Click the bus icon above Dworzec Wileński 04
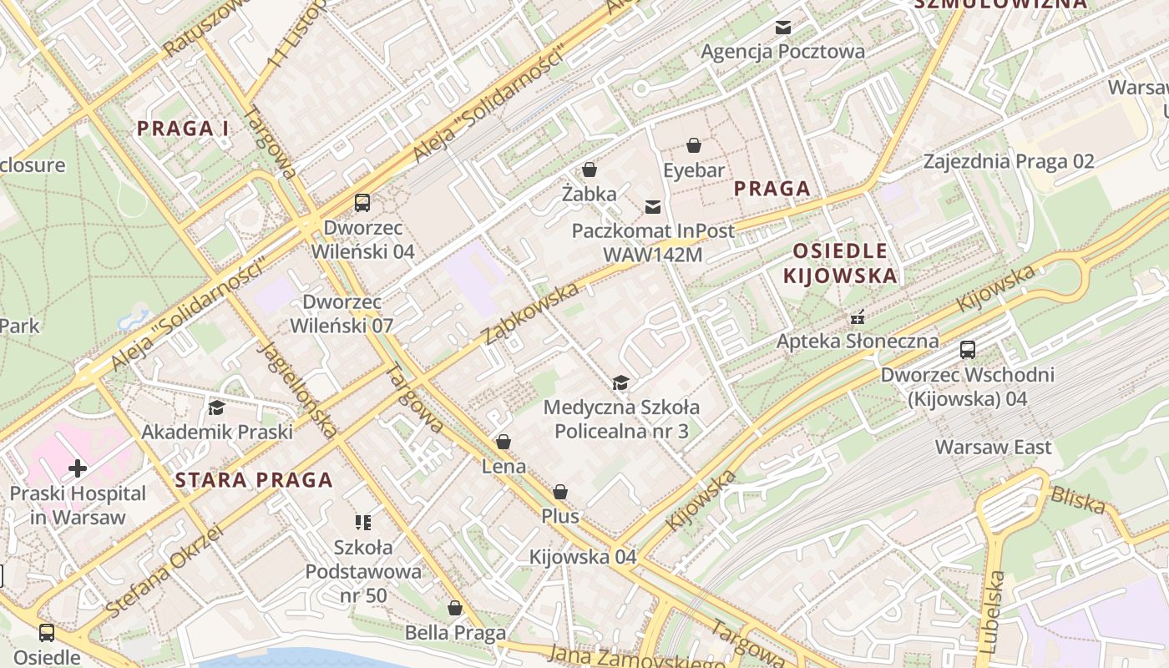pos(362,202)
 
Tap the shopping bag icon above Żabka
pos(590,170)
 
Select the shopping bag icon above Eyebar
pos(694,146)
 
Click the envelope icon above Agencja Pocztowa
pos(782,28)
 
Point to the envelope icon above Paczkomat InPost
pos(652,206)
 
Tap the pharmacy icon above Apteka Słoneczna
pos(857,317)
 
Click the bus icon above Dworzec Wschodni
pos(968,350)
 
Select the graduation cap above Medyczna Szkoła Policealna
pos(620,383)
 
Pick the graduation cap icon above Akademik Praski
pos(216,407)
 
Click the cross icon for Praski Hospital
pos(77,468)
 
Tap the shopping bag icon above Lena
pos(504,442)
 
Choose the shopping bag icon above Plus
pos(560,492)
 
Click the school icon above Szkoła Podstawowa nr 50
pos(363,523)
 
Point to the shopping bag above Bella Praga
pos(455,608)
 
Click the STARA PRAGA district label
pos(255,480)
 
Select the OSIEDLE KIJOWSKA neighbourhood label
pos(840,263)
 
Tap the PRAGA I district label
pos(183,129)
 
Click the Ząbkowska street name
pos(531,313)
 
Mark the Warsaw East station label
pos(993,447)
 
